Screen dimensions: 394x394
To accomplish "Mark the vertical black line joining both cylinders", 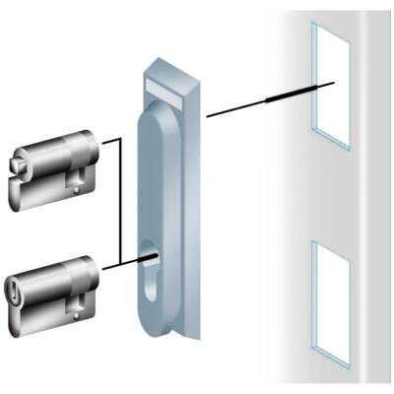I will [x=119, y=202].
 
